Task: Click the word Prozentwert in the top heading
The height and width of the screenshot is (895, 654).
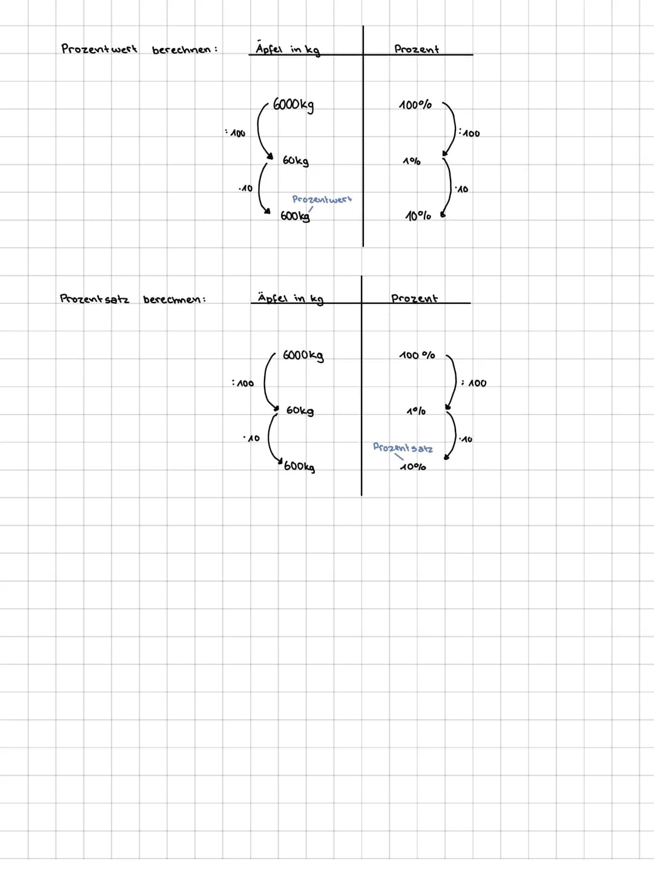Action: click(x=99, y=49)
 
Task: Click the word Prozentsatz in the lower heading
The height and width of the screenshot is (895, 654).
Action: click(x=94, y=299)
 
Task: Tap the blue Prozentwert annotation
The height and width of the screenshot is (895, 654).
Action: click(x=322, y=199)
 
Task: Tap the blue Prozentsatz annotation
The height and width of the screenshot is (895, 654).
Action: click(x=403, y=448)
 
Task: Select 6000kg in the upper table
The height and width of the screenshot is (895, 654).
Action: click(x=293, y=105)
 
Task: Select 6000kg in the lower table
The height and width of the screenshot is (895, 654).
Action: click(x=303, y=355)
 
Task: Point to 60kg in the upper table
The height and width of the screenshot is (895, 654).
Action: click(x=296, y=160)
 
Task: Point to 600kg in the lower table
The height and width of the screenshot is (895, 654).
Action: click(x=299, y=467)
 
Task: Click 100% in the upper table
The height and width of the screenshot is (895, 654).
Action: click(x=415, y=105)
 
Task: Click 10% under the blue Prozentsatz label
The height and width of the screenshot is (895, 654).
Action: click(x=413, y=467)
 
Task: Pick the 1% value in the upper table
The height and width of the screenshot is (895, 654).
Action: click(x=411, y=161)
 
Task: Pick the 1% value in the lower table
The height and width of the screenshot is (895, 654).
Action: click(x=416, y=411)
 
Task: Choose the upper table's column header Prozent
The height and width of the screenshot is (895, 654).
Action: click(x=416, y=49)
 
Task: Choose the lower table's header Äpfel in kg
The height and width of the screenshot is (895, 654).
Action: click(x=290, y=298)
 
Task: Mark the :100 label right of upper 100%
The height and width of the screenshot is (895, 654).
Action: click(x=469, y=133)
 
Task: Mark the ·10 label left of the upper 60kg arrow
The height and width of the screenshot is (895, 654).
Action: click(x=245, y=188)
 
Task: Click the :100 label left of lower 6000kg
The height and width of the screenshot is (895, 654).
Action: click(x=243, y=383)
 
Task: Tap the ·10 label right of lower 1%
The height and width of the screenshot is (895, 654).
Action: click(x=466, y=439)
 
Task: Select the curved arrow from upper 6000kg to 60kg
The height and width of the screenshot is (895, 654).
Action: click(x=258, y=128)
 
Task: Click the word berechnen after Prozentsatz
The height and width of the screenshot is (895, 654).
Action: click(x=174, y=300)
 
